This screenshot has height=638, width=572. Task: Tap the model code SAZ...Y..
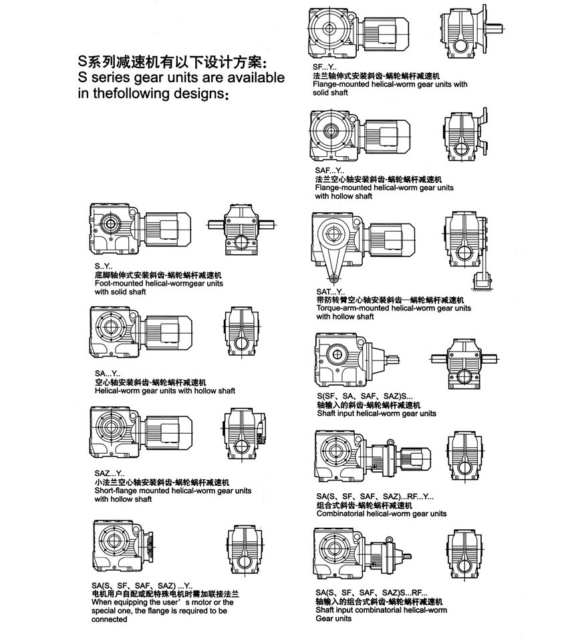pyautogui.click(x=109, y=472)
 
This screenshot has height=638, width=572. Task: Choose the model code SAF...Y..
pyautogui.click(x=327, y=170)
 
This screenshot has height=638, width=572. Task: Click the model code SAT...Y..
pyautogui.click(x=330, y=292)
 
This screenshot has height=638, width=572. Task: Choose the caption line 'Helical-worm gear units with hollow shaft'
pyautogui.click(x=164, y=391)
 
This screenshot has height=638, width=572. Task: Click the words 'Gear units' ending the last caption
pyautogui.click(x=333, y=619)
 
